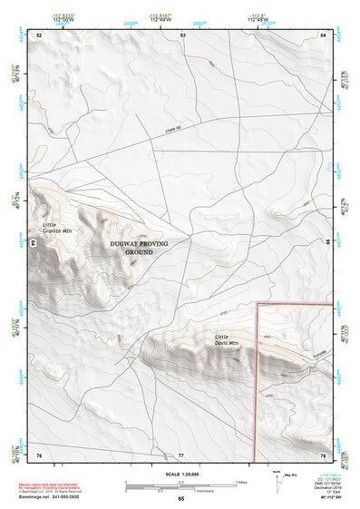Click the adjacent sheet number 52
(39, 34)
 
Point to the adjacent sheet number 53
(182, 34)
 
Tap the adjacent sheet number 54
(324, 34)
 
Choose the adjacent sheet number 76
(39, 454)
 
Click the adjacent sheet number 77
(180, 454)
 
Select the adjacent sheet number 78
(323, 454)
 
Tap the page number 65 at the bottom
(180, 499)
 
